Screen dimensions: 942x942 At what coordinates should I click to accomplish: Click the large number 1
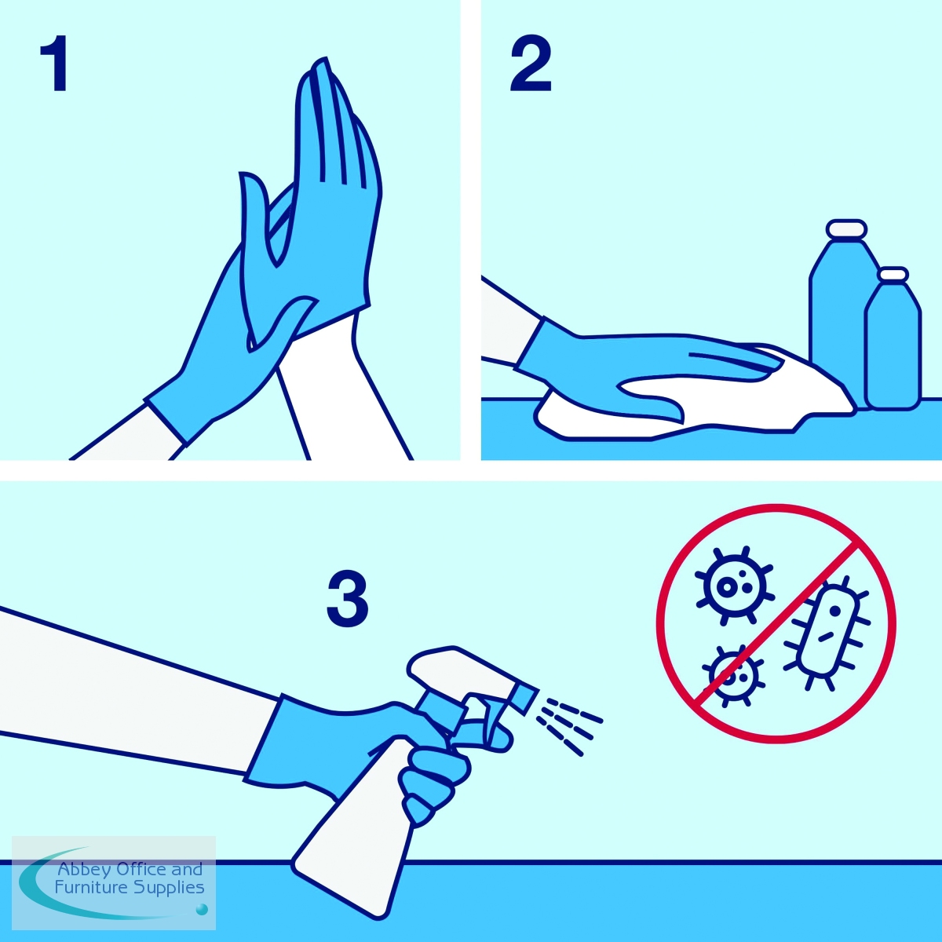(55, 63)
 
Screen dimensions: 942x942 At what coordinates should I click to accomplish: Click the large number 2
(531, 63)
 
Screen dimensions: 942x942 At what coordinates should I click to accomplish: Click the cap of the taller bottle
(847, 228)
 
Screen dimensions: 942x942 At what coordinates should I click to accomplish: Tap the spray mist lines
(569, 726)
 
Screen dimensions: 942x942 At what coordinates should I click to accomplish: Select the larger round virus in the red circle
(734, 585)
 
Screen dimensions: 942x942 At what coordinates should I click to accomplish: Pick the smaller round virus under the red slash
(732, 676)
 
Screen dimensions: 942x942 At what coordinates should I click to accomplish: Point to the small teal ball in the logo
(201, 909)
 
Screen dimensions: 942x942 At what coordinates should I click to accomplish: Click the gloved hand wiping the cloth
(645, 367)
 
